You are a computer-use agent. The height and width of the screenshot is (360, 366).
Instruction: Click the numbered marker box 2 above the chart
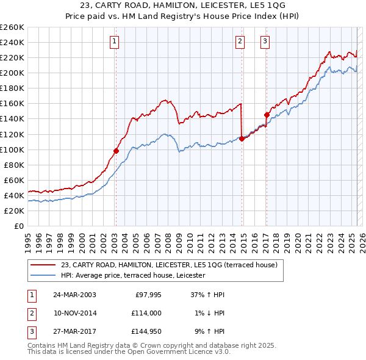tap(240, 41)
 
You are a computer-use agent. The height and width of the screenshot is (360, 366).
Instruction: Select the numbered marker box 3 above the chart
tap(266, 41)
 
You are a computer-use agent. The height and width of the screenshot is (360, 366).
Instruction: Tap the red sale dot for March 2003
tap(116, 151)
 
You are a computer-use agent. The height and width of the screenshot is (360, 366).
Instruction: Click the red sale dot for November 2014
tap(242, 139)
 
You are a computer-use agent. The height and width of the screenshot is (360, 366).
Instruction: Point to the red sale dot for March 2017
tap(267, 115)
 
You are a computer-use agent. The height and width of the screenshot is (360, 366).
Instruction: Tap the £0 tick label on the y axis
tap(18, 226)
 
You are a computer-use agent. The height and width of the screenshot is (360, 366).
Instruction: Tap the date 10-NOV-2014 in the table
tap(74, 313)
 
